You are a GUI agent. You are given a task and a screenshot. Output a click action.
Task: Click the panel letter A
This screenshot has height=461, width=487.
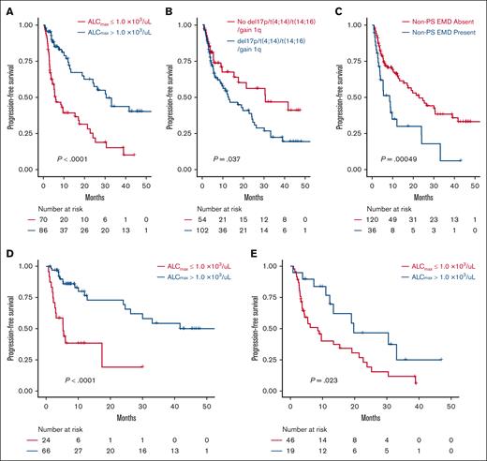[x=7, y=7]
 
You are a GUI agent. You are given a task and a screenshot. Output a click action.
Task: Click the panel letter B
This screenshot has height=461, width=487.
[x=171, y=7]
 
